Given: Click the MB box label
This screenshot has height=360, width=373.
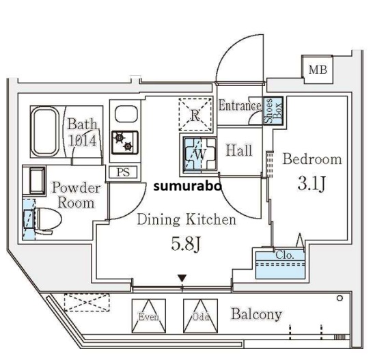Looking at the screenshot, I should point(317,69).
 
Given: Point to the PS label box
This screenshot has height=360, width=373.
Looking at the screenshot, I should point(123,172).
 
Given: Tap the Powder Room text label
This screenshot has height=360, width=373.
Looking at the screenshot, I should point(76,195).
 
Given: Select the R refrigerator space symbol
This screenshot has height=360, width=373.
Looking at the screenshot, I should point(195,114).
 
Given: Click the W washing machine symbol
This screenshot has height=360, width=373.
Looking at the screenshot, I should point(197,154).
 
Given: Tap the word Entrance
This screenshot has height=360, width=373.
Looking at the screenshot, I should point(240,106).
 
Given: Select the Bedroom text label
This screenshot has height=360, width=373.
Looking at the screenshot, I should point(312,159).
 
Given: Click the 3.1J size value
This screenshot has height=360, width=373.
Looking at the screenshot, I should point(311,184).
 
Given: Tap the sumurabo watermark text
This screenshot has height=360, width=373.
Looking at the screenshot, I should point(186,185).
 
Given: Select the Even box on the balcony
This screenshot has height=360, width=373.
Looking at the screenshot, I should point(148,315).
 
